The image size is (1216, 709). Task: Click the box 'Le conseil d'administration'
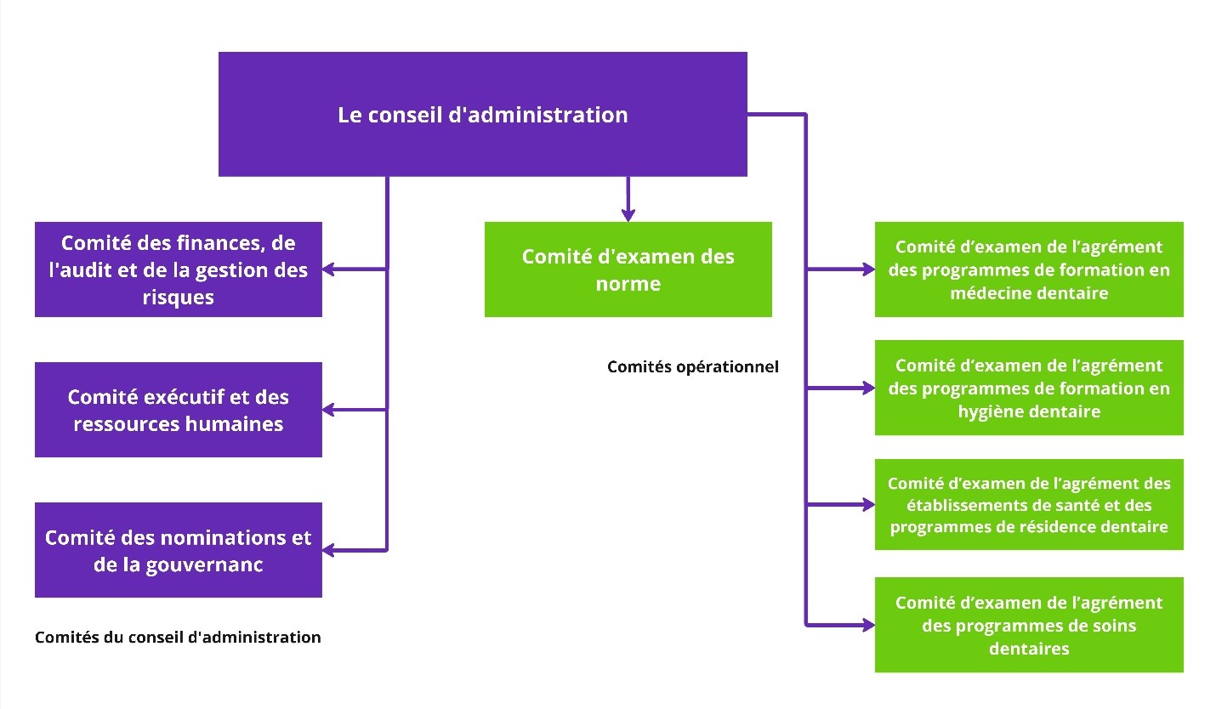[482, 114]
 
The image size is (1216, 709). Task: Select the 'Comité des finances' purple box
[179, 269]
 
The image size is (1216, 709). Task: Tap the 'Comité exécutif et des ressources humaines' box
[179, 410]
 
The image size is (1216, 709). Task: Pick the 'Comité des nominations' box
[179, 550]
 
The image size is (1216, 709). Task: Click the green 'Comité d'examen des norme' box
[628, 269]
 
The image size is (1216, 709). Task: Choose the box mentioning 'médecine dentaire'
[1029, 269]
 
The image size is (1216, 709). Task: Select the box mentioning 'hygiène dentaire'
[1029, 388]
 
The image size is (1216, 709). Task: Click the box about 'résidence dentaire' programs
[1029, 504]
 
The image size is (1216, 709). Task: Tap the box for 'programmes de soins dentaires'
[1029, 625]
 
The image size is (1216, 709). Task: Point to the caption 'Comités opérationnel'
[693, 367]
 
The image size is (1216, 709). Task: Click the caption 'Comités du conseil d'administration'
[178, 637]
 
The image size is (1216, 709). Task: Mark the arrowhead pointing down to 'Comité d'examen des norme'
[628, 213]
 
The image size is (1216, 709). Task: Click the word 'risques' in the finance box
[179, 298]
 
